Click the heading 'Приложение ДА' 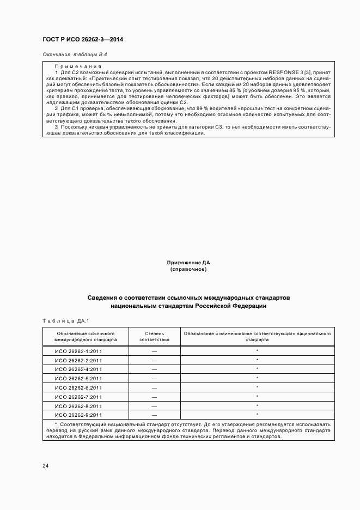coord(188,263)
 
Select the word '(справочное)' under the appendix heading coord(188,269)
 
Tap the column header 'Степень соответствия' coord(154,336)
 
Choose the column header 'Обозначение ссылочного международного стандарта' coord(86,336)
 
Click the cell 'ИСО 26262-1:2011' coord(78,351)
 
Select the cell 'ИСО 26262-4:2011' coord(78,369)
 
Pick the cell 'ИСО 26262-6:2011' coord(78,388)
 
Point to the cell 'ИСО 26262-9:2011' coord(78,415)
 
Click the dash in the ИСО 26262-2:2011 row coord(154,360)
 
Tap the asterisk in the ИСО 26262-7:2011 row coord(257,397)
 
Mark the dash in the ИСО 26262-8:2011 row coord(154,406)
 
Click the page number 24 coord(46,466)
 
